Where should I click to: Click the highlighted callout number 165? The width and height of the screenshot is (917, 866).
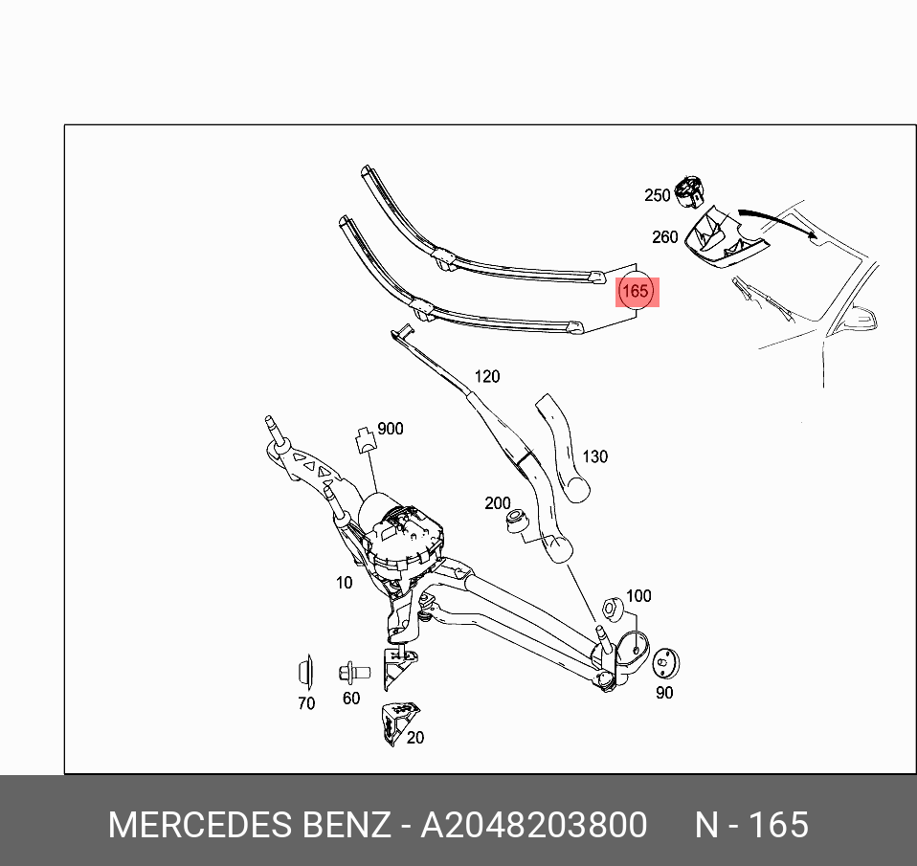click(636, 290)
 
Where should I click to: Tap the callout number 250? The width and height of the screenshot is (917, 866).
click(658, 195)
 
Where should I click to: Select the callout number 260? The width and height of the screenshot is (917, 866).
click(664, 237)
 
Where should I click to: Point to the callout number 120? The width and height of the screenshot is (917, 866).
click(486, 377)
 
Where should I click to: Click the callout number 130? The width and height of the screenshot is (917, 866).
click(594, 457)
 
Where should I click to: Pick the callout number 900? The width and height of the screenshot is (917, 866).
click(390, 429)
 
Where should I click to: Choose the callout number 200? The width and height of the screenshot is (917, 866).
click(498, 503)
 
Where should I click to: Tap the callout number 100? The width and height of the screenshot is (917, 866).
click(638, 596)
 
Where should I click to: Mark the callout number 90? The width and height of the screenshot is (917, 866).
click(664, 693)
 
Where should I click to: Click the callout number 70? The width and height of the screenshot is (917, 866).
click(306, 703)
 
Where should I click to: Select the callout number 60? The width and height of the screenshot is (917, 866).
click(351, 699)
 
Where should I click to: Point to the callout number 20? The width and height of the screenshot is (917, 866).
click(415, 738)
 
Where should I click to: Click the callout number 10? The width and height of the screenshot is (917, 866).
click(344, 583)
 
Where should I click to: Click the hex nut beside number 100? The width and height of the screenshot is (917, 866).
click(611, 609)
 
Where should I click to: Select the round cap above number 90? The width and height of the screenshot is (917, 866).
click(664, 662)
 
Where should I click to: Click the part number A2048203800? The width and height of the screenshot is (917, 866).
click(534, 824)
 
